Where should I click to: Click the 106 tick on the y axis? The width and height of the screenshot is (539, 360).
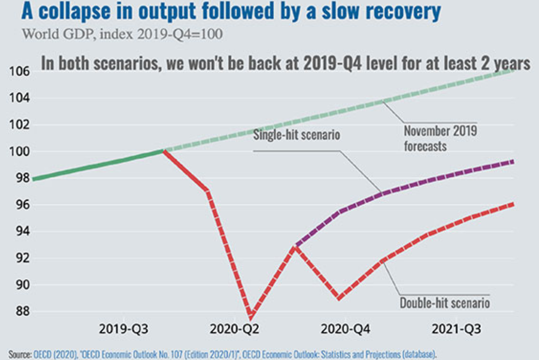tap(19, 71)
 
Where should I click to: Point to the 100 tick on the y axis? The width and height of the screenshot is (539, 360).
tap(19, 151)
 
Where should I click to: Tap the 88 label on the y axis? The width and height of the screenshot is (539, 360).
tap(23, 311)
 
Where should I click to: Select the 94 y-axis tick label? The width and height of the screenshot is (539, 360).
tap(23, 231)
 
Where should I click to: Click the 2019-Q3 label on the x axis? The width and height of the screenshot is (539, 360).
tap(123, 329)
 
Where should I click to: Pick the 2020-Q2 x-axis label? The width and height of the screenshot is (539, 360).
tap(234, 329)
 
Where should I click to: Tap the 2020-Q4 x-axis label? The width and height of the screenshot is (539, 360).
tap(346, 329)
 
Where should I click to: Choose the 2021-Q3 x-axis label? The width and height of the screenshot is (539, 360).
tap(457, 329)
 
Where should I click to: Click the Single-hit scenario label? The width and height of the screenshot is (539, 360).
tap(297, 135)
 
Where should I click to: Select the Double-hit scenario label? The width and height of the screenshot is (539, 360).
tap(445, 303)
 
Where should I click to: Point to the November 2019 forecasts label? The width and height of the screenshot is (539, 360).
tap(440, 138)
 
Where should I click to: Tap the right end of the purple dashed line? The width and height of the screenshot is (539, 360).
tap(513, 162)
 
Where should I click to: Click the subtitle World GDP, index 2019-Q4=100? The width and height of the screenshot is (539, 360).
tap(122, 34)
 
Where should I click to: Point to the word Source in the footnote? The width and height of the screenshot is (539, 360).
tap(20, 354)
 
